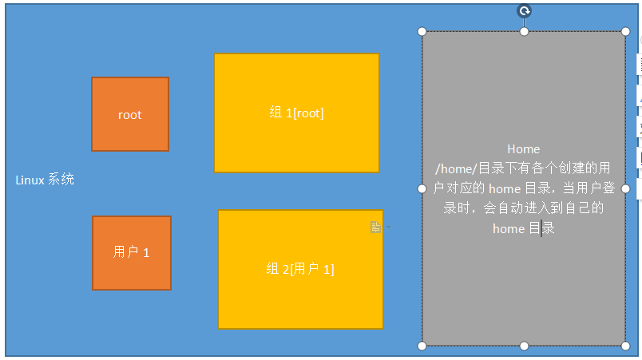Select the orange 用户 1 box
132,271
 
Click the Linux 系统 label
45,180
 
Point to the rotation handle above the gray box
525,10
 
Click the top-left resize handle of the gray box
422,32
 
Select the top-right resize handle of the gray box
626,32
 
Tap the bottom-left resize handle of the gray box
422,346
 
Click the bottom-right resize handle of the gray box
626,346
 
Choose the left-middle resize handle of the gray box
422,188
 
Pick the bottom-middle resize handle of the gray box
525,346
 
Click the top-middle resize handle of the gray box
525,32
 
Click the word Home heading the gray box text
524,149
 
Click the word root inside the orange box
129,115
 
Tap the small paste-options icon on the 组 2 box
375,227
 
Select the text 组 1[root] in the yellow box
296,113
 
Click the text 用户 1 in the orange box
131,252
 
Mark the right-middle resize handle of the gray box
626,188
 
